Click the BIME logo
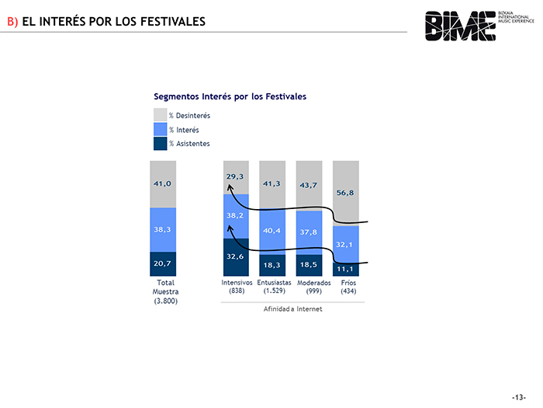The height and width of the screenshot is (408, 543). (x=460, y=25)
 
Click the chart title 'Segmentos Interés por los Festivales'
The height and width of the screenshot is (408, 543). (x=230, y=96)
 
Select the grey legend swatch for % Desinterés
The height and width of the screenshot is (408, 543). (x=160, y=115)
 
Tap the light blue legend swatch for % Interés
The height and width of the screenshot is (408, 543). (x=160, y=129)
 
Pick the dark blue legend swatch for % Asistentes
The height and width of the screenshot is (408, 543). (x=160, y=143)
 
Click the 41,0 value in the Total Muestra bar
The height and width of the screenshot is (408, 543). (x=162, y=183)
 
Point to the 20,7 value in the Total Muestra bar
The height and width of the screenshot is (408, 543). (x=162, y=263)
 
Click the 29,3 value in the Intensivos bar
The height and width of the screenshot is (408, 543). (x=236, y=176)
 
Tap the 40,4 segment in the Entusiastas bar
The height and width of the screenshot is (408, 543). (x=271, y=230)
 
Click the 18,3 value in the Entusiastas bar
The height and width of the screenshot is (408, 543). (x=271, y=265)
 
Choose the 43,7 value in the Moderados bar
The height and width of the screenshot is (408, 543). (x=309, y=185)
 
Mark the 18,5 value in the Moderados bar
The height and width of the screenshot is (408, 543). (x=309, y=265)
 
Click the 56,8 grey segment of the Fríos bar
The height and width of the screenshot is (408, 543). (x=346, y=192)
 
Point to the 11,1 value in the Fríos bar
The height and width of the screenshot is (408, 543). (x=346, y=269)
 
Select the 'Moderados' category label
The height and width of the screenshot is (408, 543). (x=314, y=282)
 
